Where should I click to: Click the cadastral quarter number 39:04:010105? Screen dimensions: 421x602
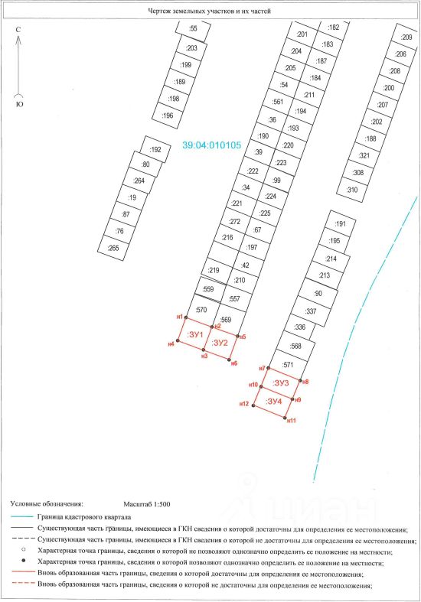212,145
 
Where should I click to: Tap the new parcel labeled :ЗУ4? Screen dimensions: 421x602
273,402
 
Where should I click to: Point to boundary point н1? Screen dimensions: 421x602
186,317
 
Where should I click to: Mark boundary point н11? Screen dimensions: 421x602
286,418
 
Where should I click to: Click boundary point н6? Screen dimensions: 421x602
230,360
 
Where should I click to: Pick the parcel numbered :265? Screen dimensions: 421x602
113,248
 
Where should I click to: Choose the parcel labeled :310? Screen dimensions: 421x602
351,189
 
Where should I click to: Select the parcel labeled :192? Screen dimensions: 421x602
155,149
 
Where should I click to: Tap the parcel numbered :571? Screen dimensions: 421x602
288,365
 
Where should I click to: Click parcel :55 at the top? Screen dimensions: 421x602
193,28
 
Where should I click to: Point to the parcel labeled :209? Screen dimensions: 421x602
406,37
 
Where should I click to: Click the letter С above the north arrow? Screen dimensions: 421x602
18,30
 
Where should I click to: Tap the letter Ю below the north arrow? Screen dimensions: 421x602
19,104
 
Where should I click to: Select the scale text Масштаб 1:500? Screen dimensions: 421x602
147,504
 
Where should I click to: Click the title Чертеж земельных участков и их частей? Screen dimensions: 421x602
209,11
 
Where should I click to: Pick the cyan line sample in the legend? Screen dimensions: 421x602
21,516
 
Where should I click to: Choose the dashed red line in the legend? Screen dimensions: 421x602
21,585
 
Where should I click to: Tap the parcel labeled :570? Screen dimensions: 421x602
201,310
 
